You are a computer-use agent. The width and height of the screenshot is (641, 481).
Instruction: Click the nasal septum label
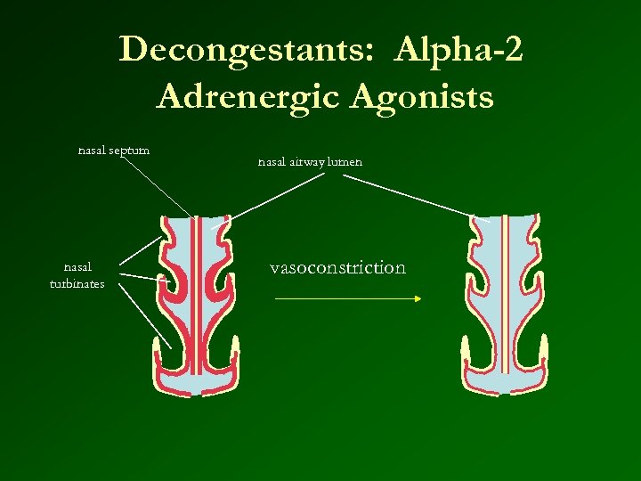(x=113, y=150)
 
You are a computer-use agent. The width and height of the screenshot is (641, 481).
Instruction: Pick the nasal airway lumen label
(x=310, y=163)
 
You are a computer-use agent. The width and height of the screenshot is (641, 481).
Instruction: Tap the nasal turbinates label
(x=77, y=275)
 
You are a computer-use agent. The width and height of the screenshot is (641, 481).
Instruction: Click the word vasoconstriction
(x=337, y=267)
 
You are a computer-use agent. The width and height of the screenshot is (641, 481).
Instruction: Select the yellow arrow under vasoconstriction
(x=347, y=299)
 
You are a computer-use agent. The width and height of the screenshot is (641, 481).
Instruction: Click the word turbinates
(x=77, y=284)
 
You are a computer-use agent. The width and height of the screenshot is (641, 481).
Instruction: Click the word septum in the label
(x=129, y=150)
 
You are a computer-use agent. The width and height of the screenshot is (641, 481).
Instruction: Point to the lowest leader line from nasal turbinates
(x=144, y=316)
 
